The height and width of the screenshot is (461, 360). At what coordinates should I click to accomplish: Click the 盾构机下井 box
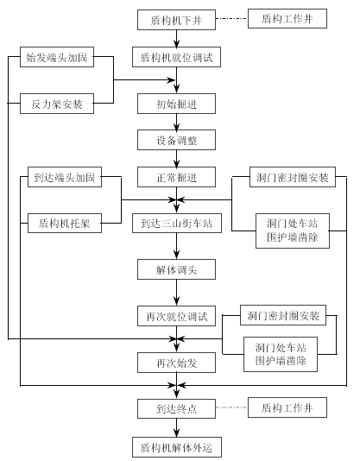coord(176,20)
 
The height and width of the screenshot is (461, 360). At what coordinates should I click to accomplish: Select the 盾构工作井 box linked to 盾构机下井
coord(287,18)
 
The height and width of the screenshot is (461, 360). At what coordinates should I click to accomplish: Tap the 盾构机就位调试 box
coord(176,57)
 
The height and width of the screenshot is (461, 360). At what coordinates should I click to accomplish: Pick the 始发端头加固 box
coord(57,57)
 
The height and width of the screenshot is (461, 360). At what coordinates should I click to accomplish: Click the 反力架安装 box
coord(57,104)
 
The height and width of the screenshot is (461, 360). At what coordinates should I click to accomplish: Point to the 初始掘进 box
coord(176,104)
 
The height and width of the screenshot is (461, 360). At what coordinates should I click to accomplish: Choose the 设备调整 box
coord(176,140)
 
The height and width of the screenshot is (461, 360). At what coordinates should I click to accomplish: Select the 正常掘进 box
coord(176,177)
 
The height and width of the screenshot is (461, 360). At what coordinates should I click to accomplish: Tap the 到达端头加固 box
coord(65,177)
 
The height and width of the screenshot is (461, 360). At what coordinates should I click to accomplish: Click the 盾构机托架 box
coord(65,223)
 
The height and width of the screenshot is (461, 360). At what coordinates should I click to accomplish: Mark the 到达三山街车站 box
coord(177,223)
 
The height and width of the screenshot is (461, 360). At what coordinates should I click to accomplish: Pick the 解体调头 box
coord(176,269)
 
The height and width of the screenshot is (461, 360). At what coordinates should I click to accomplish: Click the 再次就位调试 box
coord(176,316)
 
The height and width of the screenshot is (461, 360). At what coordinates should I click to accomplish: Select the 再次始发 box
coord(176,363)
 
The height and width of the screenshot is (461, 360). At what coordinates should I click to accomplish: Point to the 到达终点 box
coord(176,408)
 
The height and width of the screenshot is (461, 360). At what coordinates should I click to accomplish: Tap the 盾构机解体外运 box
coord(177,447)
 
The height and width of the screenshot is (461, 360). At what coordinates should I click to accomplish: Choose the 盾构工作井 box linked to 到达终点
coord(287,407)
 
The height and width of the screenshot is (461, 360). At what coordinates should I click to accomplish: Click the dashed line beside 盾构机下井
coord(231,19)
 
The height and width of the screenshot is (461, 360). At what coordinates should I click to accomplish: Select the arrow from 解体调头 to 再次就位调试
coord(176,293)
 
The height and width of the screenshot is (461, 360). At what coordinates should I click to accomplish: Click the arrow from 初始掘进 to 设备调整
coord(176,122)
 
